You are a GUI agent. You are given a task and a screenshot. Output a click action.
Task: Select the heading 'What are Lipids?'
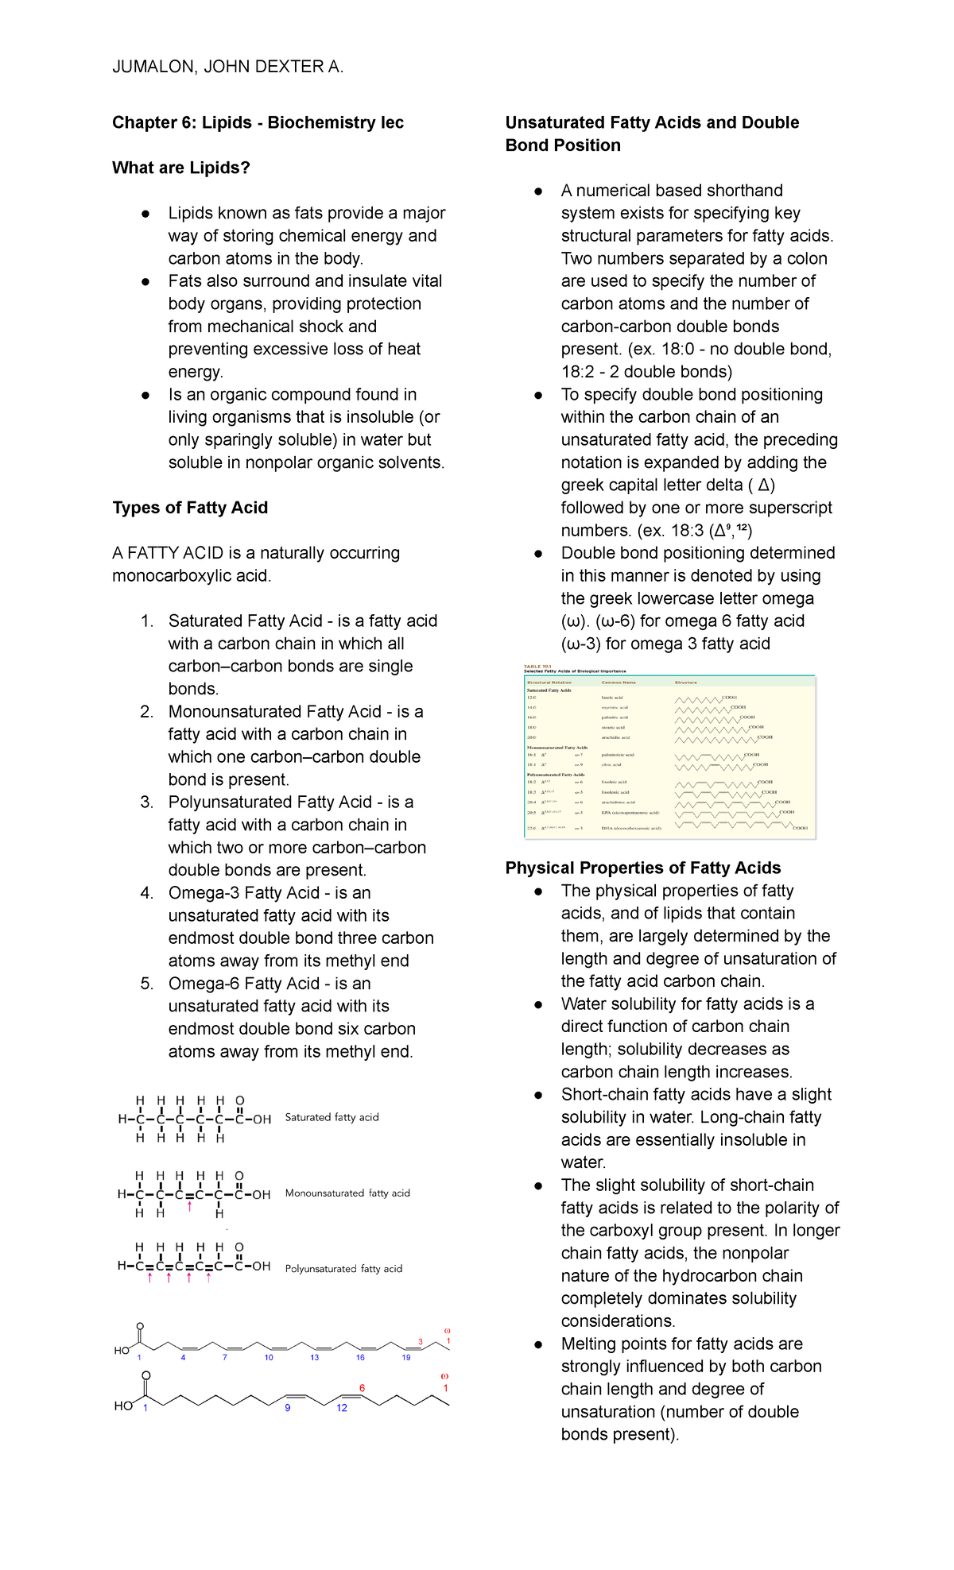pos(181,168)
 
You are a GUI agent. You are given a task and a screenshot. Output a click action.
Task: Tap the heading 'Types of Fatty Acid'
pos(190,508)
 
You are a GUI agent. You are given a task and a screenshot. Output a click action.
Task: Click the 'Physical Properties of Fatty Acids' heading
pos(642,868)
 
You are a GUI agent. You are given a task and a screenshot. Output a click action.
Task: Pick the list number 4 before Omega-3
pos(146,893)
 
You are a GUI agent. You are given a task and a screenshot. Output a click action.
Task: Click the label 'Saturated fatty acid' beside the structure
pos(332,1117)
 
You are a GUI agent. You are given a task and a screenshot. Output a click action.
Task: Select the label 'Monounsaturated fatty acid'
pos(347,1193)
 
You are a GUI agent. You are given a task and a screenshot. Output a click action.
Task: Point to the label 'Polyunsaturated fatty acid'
pos(343,1269)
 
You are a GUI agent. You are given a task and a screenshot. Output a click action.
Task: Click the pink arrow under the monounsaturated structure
pos(189,1207)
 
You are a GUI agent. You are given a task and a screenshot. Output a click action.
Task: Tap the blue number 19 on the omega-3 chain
pos(406,1357)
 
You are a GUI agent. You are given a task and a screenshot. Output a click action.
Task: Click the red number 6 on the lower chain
pos(362,1388)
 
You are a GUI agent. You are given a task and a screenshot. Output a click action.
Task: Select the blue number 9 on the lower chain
pos(288,1408)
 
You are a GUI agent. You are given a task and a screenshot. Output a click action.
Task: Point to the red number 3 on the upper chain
pos(420,1342)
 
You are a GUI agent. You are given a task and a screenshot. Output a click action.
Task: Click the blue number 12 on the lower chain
pos(342,1408)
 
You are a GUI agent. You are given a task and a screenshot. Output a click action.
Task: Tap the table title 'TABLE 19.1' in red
pos(537,667)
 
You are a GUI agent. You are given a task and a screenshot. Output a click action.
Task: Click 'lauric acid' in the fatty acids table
pos(611,698)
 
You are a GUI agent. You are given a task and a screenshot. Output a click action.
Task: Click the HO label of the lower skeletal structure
pos(123,1406)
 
